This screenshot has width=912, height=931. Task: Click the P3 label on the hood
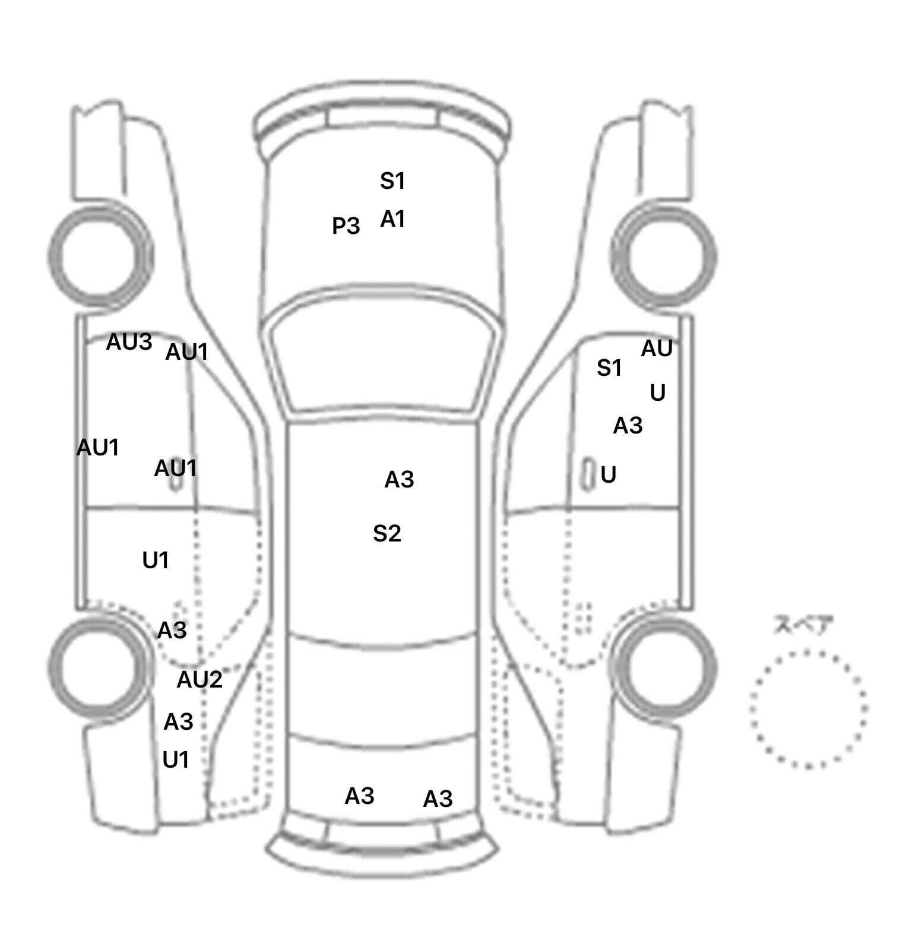coord(346,226)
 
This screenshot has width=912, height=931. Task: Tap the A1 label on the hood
coord(392,219)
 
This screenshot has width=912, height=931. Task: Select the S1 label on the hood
coord(392,180)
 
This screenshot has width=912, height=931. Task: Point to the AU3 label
coord(129,341)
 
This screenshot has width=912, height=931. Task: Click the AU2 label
coord(199,679)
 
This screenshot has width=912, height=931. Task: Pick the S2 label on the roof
coord(387,533)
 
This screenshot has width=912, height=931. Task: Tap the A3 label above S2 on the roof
coord(399,479)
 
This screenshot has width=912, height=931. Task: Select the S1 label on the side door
coord(609,368)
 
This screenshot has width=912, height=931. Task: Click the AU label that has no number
coord(657,349)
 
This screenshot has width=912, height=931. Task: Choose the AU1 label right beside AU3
coord(187,352)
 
